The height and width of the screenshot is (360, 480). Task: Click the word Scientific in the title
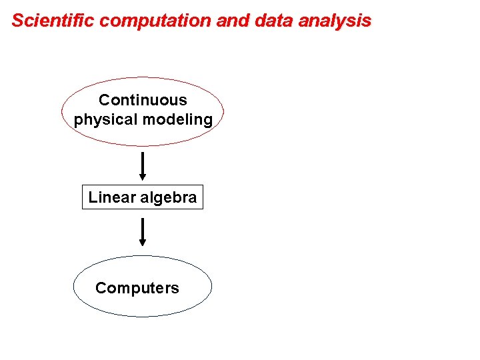pos(53,21)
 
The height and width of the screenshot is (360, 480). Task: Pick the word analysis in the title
pos(335,21)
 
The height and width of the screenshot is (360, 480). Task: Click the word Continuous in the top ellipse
pos(143,100)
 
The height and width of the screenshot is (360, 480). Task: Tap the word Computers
pos(137,288)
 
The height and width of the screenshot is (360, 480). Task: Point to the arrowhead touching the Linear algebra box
pos(143,177)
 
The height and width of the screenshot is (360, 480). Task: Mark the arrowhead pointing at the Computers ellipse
pos(143,244)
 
